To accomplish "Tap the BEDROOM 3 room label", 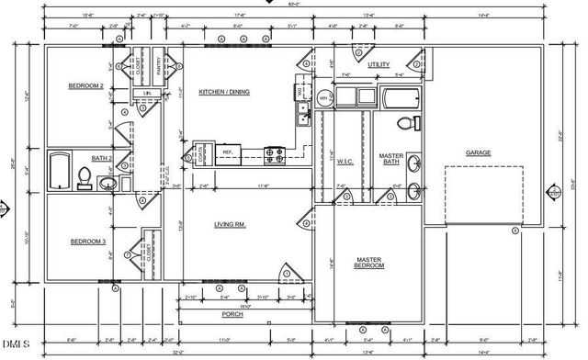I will click(86, 242).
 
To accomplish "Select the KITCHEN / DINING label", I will click(224, 92).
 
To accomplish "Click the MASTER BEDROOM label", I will click(369, 264).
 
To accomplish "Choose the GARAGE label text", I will click(479, 152).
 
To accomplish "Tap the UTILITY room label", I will click(379, 65).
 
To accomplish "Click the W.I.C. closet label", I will click(345, 163).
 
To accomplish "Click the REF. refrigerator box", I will click(227, 153).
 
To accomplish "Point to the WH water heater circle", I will click(323, 96).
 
